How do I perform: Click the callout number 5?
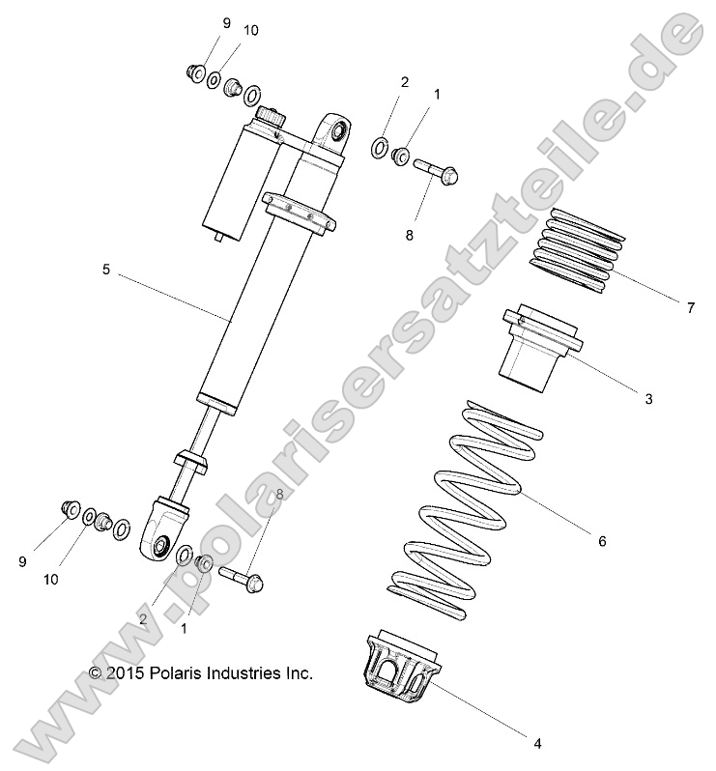click(105, 271)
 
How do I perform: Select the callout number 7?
click(690, 308)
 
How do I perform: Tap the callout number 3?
click(675, 398)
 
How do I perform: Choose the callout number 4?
click(537, 743)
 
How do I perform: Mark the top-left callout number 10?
click(250, 30)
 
